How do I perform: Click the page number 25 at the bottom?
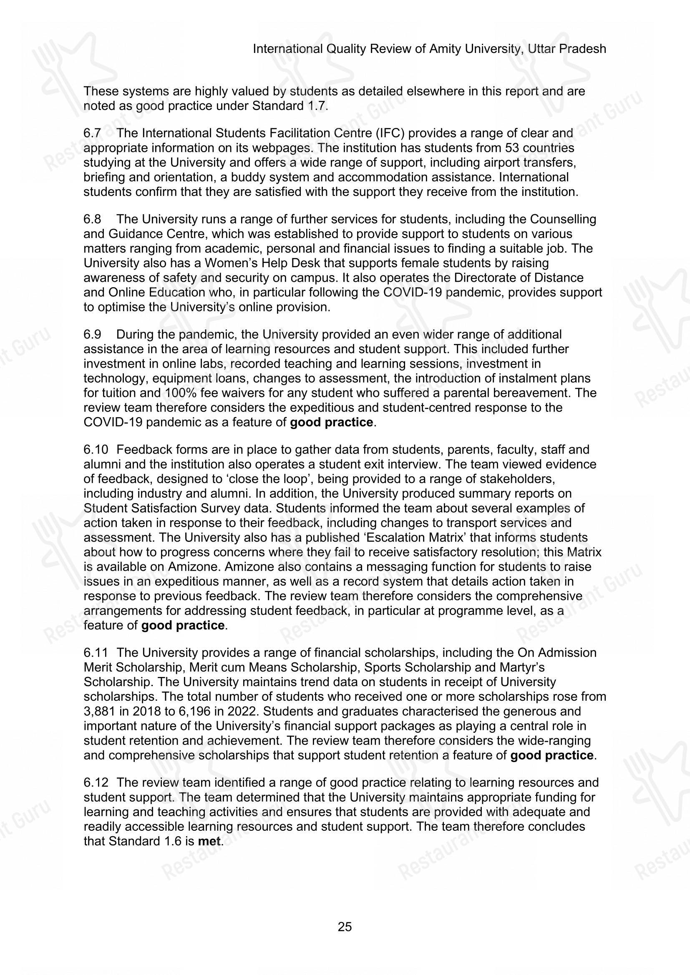(x=345, y=926)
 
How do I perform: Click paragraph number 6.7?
(x=92, y=133)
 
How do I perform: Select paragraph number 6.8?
(x=92, y=220)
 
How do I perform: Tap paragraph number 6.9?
(x=92, y=335)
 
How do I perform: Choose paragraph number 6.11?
(x=95, y=653)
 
